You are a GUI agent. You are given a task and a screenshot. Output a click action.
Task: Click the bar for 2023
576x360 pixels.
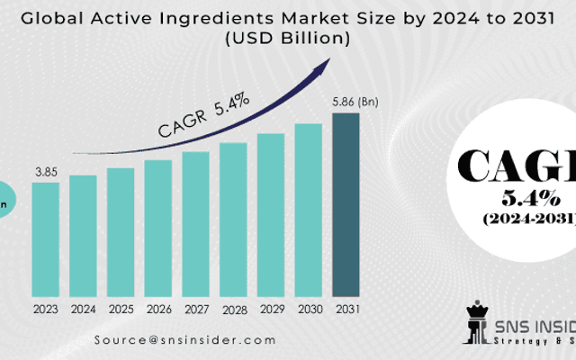[x=46, y=239]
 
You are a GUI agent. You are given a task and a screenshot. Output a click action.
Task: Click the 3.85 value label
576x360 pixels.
[x=46, y=170]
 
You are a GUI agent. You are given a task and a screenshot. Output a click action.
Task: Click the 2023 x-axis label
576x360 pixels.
[x=46, y=309]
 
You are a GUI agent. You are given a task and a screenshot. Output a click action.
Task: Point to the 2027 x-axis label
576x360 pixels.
[x=195, y=309]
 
